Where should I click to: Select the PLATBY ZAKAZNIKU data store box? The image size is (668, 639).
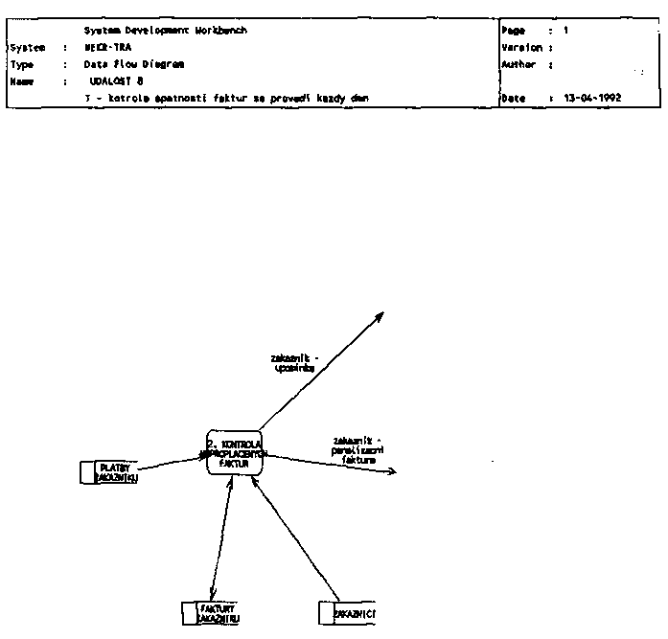110,472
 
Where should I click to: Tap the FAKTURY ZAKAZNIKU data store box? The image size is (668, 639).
212,613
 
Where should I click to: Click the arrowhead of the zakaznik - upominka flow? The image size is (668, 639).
382,312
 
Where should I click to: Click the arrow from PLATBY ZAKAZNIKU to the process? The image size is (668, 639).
172,463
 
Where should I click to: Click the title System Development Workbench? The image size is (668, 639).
165,31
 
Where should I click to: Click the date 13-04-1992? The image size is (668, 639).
593,99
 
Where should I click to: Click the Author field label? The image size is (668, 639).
518,64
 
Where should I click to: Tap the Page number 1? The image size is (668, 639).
565,31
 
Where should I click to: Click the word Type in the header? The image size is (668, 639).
22,64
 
